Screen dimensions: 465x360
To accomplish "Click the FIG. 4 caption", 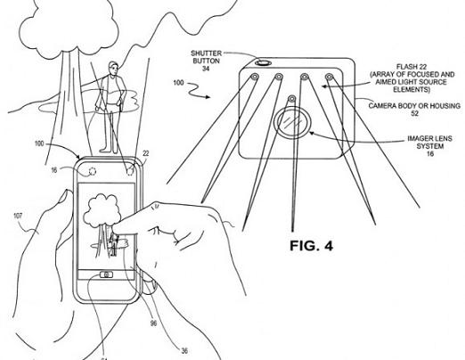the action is pos(311,246).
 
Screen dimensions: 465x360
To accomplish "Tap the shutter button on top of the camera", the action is pos(263,62).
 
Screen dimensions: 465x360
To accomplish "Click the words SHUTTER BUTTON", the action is pos(207,57).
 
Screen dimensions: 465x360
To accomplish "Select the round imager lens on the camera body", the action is pos(292,122).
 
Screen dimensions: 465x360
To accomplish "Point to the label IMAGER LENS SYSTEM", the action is pos(429,143).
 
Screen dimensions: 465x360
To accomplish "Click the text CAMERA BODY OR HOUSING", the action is pos(414,106).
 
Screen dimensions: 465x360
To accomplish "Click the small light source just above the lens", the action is pos(292,98).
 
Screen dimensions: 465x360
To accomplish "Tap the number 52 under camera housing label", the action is pos(414,113).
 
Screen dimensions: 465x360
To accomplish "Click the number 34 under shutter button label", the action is pos(206,69).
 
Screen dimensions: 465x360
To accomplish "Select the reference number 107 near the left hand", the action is pos(18,217).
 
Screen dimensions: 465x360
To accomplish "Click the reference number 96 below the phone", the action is pos(153,323).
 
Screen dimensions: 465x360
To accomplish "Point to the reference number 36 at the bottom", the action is pos(184,351).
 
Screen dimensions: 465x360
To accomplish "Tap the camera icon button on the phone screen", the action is pos(106,274).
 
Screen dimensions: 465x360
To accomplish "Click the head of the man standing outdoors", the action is pos(113,68).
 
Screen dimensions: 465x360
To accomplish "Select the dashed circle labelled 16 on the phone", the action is pos(92,171).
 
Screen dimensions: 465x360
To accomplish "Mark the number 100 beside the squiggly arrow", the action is pos(179,83).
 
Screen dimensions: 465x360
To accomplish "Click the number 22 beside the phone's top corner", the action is pos(146,153).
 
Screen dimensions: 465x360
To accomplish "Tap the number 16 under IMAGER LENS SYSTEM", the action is pos(430,153).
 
